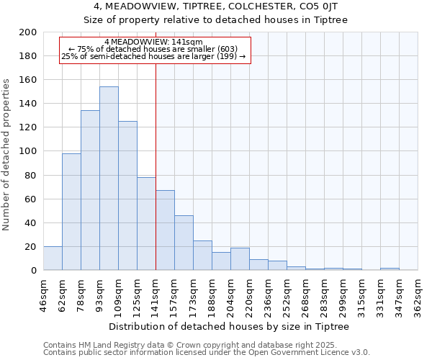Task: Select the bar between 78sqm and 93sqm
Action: click(x=90, y=190)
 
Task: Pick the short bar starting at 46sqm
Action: click(x=53, y=258)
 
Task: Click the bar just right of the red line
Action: click(x=165, y=230)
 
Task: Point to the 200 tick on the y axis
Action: click(x=29, y=32)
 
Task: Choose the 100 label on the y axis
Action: click(x=29, y=151)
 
